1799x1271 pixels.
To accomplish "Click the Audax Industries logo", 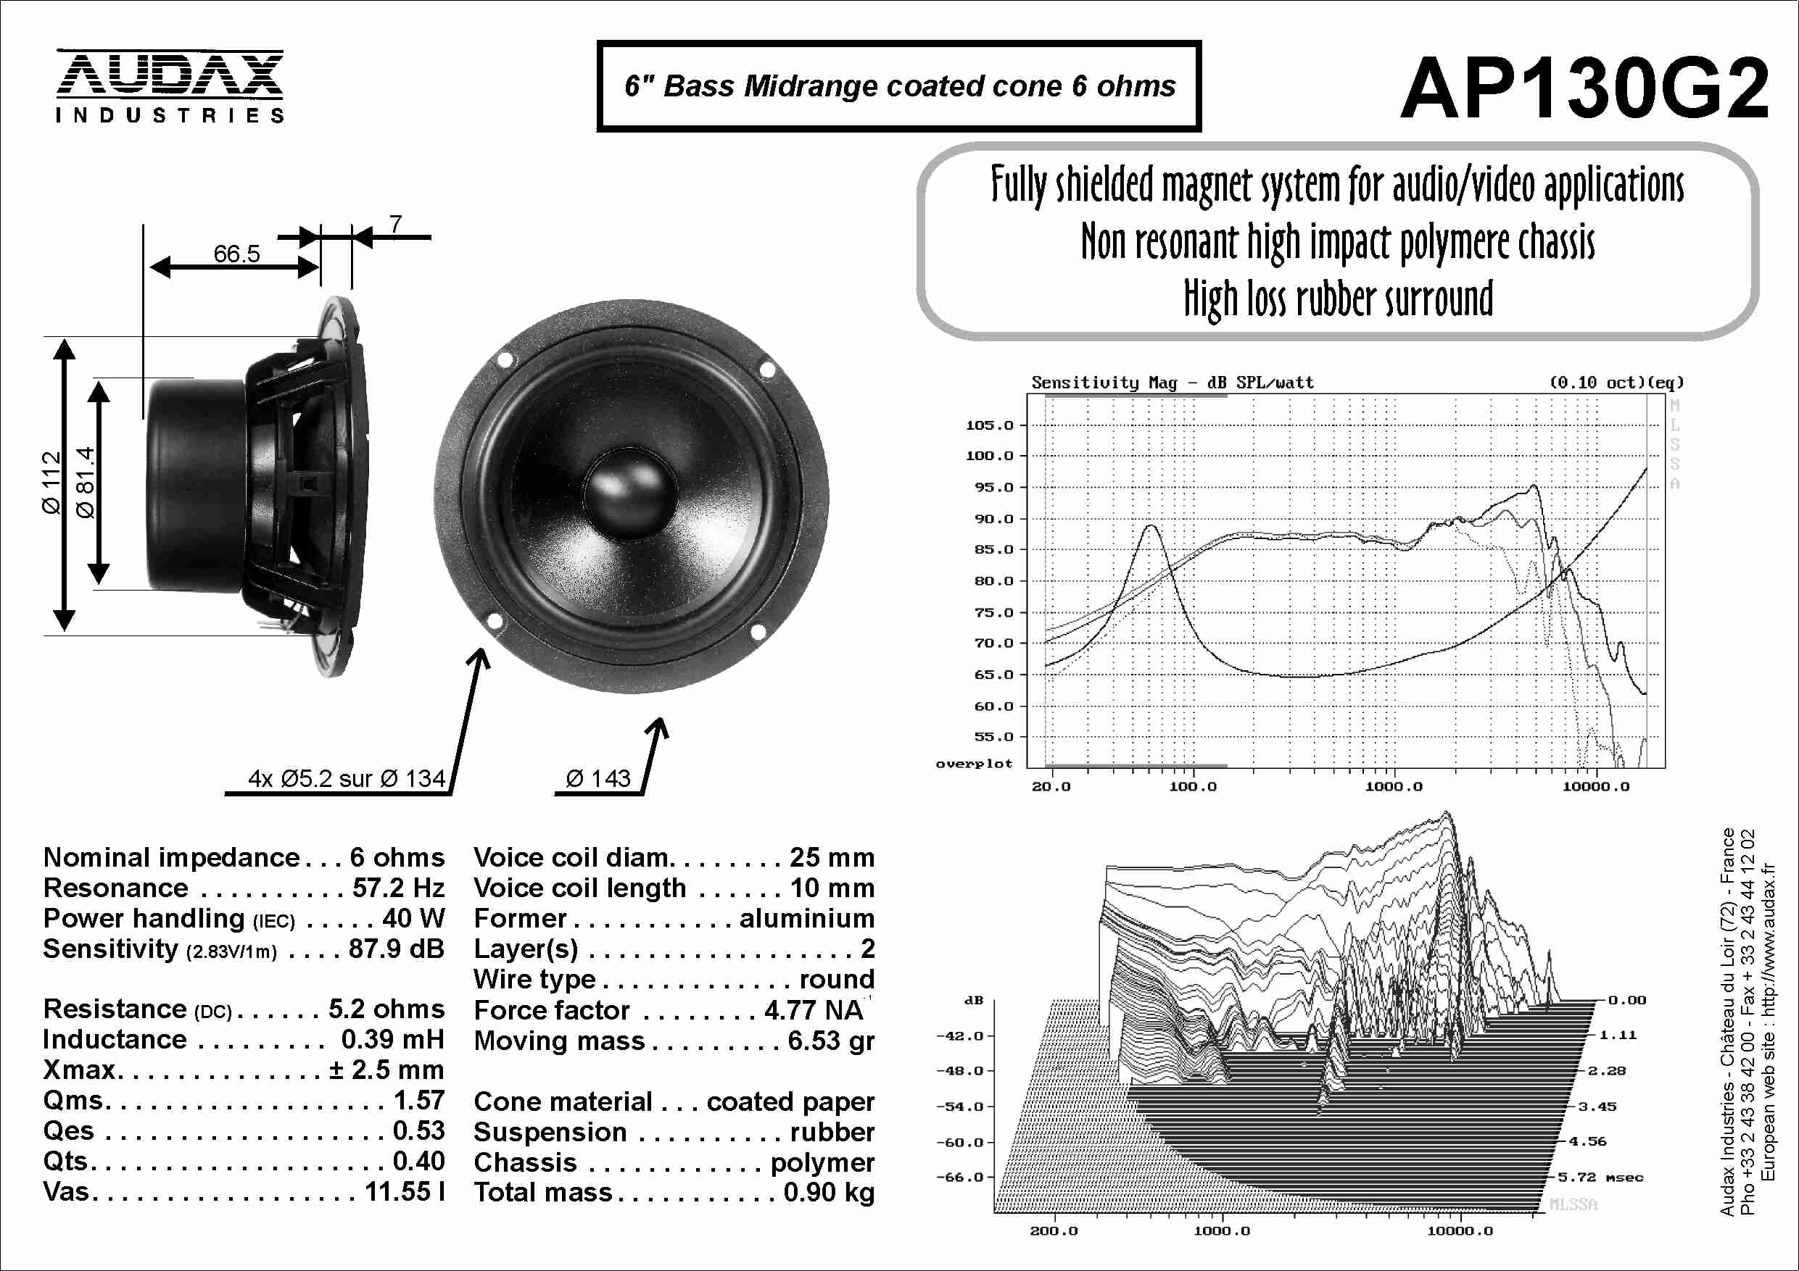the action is tap(169, 86).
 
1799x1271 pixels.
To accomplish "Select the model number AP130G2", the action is tap(1584, 88).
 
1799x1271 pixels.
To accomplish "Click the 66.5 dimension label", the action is tap(236, 254).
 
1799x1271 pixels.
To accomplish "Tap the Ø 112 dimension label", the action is tap(51, 483).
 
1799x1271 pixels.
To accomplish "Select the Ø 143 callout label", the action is tap(597, 778).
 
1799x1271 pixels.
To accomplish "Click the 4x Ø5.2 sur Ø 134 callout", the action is tap(347, 778).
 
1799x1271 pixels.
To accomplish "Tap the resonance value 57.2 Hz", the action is tap(398, 888).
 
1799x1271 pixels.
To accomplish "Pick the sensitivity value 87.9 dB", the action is tap(397, 949).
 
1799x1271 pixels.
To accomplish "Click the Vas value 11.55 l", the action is tap(405, 1191).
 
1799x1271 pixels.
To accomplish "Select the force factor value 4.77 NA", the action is tap(814, 1010).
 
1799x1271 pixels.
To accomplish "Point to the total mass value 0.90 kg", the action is tap(829, 1192).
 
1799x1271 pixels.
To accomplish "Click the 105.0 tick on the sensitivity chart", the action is tap(990, 425).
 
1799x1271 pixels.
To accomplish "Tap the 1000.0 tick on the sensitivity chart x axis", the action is tap(1394, 786).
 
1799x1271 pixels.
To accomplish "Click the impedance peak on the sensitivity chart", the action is tap(1150, 526).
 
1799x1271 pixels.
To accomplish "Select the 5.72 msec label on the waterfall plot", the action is tap(1600, 1177).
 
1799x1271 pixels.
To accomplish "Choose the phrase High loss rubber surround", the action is tap(1339, 299).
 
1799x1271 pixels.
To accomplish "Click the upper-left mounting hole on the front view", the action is tap(505, 360).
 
